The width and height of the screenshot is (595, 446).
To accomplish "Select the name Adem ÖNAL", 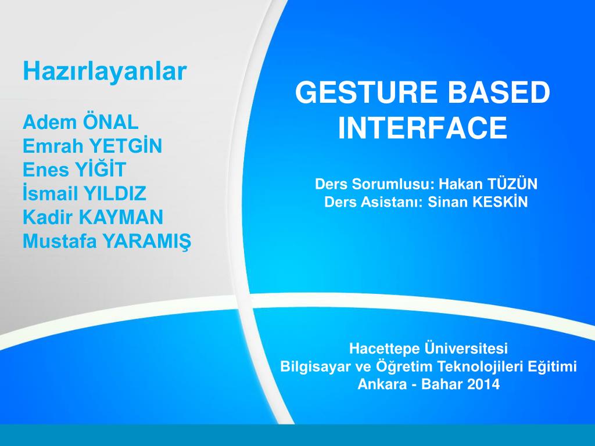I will [x=81, y=123].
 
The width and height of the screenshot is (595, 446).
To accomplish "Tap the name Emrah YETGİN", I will [x=92, y=146].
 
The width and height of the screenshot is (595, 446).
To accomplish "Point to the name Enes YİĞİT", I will [x=74, y=170].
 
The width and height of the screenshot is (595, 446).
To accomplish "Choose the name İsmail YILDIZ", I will [x=84, y=193].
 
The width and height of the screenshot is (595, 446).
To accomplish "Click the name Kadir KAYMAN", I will [x=93, y=217].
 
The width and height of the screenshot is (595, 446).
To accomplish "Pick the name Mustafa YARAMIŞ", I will [x=106, y=241].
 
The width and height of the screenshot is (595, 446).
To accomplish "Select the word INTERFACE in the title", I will [x=423, y=128].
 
